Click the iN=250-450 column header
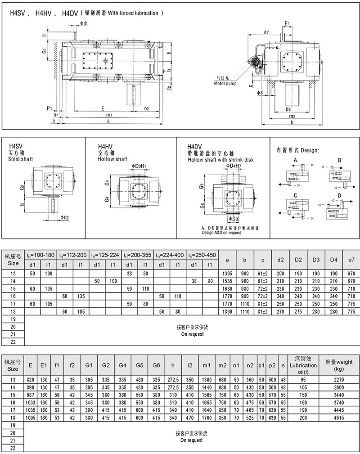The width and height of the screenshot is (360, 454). tap(202, 255)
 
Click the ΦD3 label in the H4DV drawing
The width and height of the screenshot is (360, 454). tap(233, 219)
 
